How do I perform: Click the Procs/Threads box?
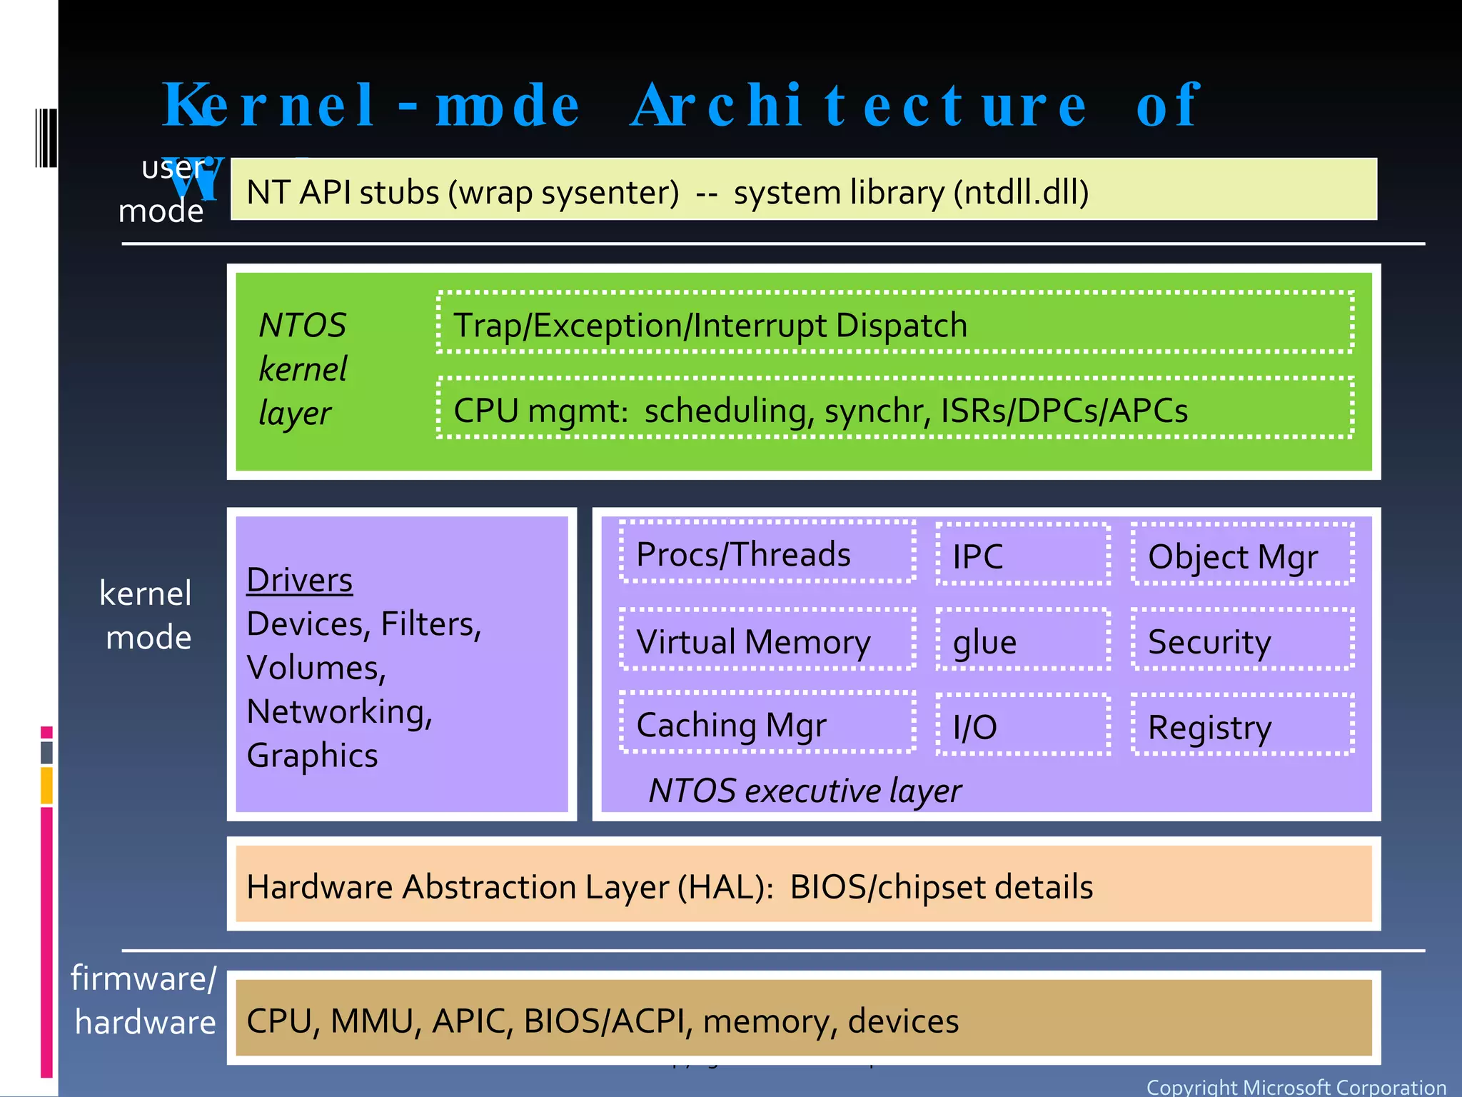(x=767, y=552)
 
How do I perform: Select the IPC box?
(x=1023, y=555)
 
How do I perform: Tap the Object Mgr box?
(x=1242, y=555)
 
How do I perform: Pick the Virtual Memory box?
(x=767, y=640)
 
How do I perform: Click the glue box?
(x=1023, y=640)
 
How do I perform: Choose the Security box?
(x=1242, y=640)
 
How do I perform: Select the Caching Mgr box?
(x=767, y=723)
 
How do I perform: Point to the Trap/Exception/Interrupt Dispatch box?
(x=895, y=323)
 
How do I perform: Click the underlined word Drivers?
(x=299, y=580)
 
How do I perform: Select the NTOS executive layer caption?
(x=805, y=791)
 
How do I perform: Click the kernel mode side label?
(x=146, y=615)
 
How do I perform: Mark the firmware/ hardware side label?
(x=144, y=1000)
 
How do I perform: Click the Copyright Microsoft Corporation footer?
(x=1296, y=1087)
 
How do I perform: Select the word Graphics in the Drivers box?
(x=312, y=755)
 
